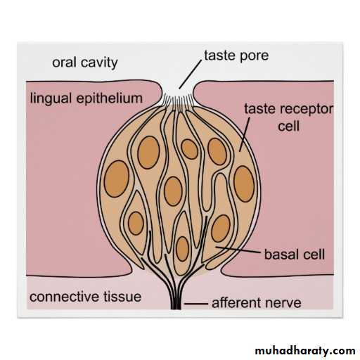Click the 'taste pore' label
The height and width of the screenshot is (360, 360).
pos(236,56)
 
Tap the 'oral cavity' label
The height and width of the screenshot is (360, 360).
pos(85,63)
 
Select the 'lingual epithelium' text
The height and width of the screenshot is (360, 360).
pos(86,98)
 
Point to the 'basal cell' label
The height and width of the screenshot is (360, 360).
pos(295,255)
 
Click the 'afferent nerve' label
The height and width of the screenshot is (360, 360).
pos(257,303)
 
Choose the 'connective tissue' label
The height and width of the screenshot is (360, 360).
pos(85,297)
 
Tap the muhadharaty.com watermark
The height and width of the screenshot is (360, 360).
pos(305,351)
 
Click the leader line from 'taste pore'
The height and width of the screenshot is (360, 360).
pos(190,75)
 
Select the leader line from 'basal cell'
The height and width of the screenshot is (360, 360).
pos(238,250)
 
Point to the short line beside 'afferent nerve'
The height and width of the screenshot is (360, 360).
pos(196,304)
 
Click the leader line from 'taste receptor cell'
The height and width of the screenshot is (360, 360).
pos(245,134)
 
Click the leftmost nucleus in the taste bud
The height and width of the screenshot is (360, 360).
pos(117,179)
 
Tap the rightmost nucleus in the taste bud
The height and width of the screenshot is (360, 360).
pos(244,184)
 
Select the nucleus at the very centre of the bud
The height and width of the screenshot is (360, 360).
pos(173,191)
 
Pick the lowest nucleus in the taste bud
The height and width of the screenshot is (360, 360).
pos(182,249)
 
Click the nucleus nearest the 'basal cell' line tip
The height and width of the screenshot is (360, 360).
pos(221,229)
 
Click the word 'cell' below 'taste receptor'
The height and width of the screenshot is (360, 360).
pos(288,127)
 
